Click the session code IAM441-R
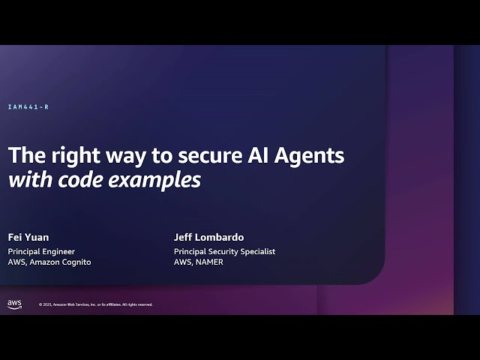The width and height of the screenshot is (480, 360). click(x=28, y=107)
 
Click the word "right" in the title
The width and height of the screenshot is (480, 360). click(x=70, y=155)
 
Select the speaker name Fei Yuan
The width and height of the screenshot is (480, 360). click(x=28, y=238)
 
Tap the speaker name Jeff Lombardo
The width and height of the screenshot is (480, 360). click(x=208, y=238)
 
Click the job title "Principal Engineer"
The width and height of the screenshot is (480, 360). click(x=41, y=251)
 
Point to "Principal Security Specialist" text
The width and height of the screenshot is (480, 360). click(x=224, y=251)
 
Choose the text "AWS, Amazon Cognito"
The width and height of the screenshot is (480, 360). click(x=49, y=262)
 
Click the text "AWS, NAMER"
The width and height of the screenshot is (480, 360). click(x=198, y=262)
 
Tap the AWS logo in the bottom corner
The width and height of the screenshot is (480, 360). click(x=14, y=304)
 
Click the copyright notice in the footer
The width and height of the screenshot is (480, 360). click(x=95, y=304)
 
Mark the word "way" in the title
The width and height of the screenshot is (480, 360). click(x=119, y=156)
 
